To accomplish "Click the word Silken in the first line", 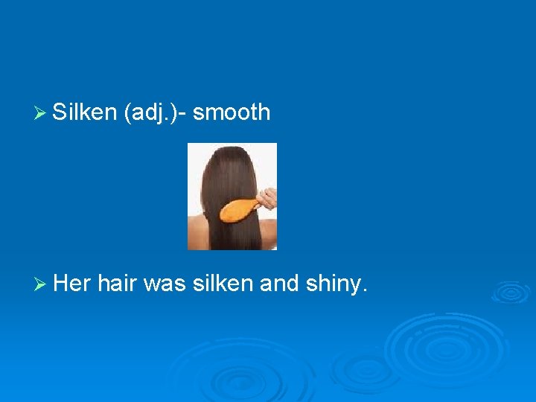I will point(85,112).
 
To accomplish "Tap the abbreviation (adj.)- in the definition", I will point(157,112).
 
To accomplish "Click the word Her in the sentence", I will point(72,283).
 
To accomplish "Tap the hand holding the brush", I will point(267,198).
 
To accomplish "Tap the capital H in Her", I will point(62,283).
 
